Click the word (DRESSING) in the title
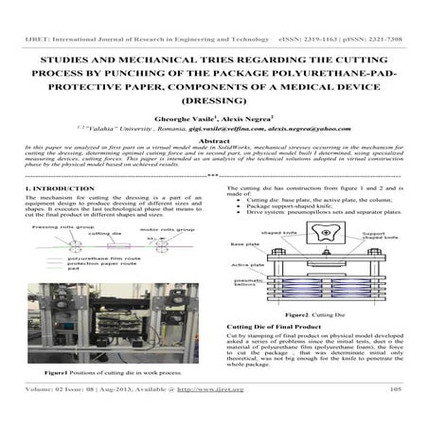[x=213, y=98]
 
